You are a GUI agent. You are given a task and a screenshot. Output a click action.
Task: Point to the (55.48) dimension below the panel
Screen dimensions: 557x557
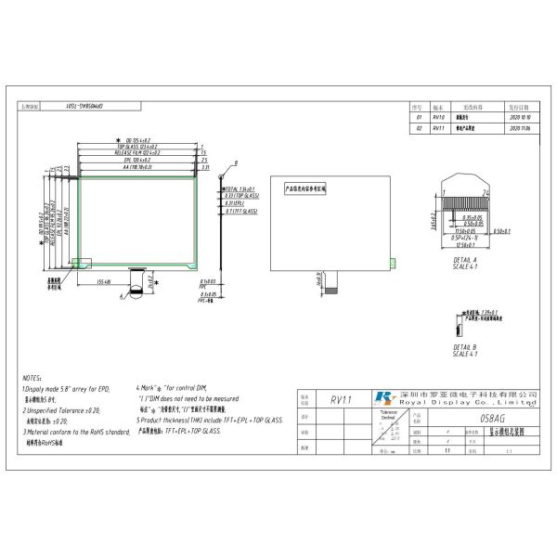click(x=105, y=281)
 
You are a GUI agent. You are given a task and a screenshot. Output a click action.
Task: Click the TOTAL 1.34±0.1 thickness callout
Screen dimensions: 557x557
click(x=214, y=188)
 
